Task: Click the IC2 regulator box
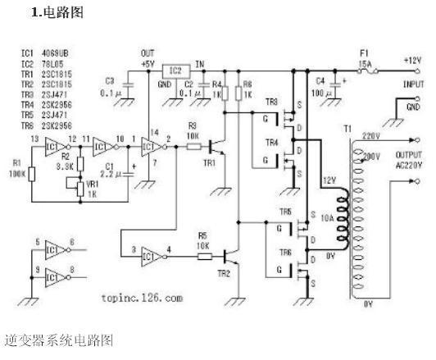click(173, 71)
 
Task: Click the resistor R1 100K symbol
click(31, 175)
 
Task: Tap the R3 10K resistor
click(193, 147)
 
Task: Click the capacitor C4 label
click(320, 80)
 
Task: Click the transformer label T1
click(347, 130)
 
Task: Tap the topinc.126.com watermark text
click(139, 299)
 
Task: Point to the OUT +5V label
click(147, 57)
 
